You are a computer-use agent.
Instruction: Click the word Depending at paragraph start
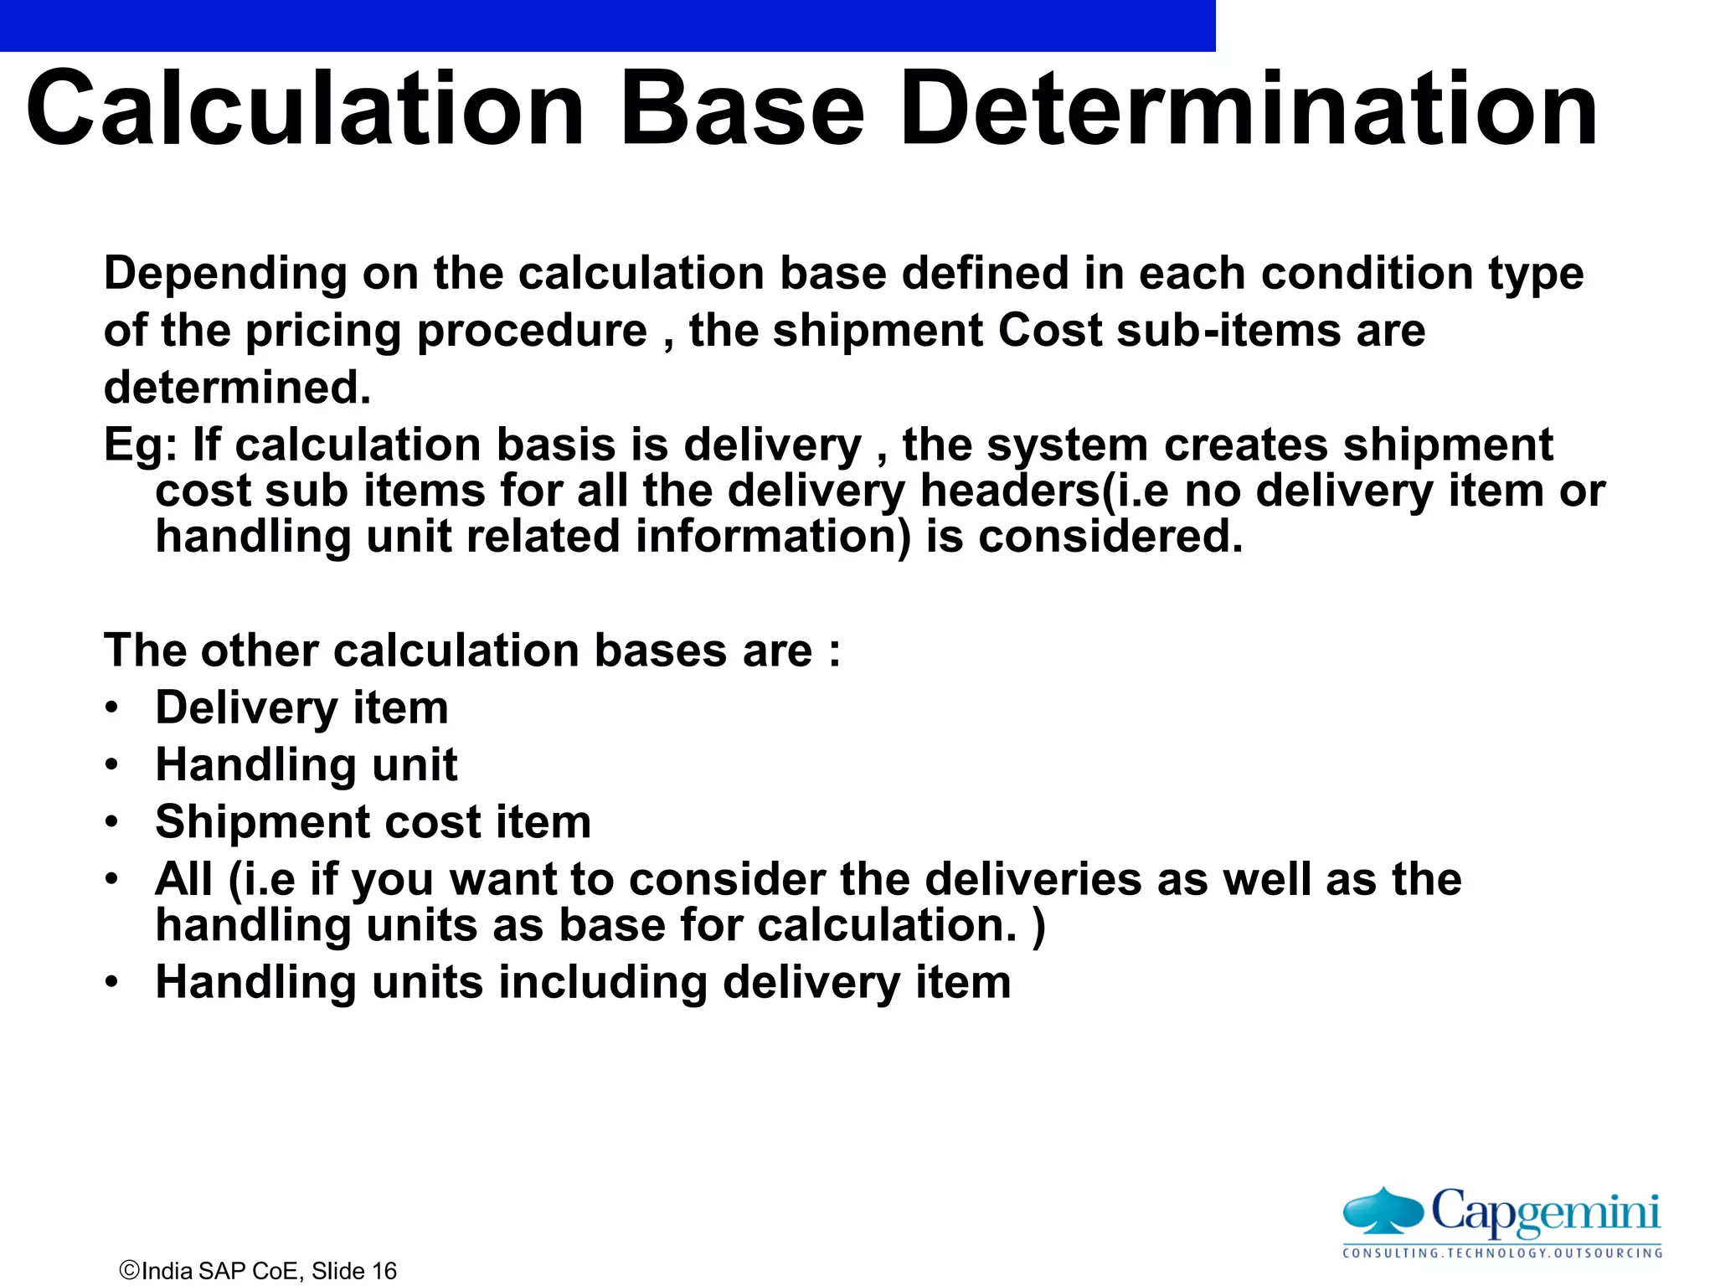225,275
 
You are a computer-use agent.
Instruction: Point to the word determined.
237,388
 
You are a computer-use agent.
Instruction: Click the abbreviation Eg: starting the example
140,445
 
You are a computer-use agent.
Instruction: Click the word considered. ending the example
1110,537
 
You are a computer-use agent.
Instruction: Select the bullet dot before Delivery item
112,708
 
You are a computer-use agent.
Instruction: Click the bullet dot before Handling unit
112,765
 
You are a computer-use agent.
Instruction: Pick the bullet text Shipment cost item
373,822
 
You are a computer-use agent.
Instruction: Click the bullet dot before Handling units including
112,983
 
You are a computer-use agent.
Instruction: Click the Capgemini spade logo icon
1383,1211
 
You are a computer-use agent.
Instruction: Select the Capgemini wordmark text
1545,1211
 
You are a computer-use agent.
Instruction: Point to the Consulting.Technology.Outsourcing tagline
1502,1253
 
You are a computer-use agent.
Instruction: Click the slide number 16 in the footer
384,1271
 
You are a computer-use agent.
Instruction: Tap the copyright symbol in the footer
130,1270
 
